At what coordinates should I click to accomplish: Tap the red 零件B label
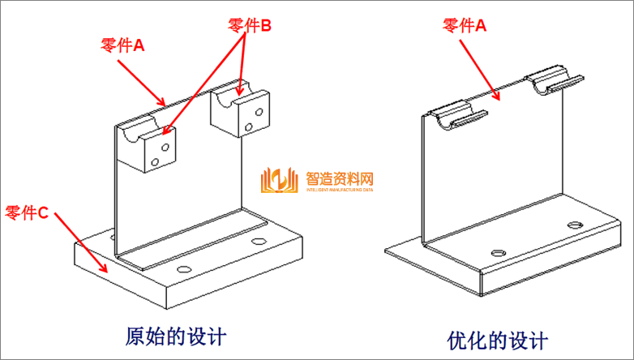pos(250,26)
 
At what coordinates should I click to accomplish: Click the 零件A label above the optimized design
pos(464,26)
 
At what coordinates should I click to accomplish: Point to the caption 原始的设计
pos(176,335)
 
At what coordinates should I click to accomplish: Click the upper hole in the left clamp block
pos(165,148)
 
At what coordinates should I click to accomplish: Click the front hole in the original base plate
pos(183,268)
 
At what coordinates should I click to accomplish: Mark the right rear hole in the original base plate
pos(259,242)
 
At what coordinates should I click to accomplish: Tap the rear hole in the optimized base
pos(574,224)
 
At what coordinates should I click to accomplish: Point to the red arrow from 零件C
pos(80,242)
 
